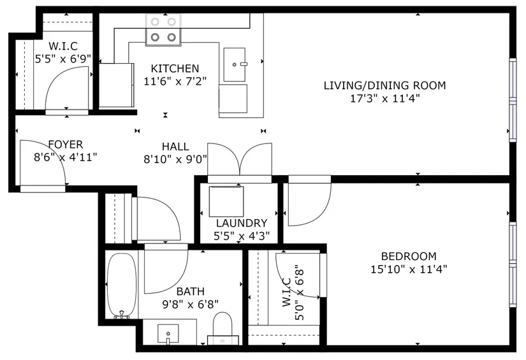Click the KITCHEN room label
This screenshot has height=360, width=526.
[x=175, y=69]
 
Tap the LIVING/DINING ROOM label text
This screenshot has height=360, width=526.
[x=384, y=85]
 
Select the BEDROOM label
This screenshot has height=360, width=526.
[x=409, y=256]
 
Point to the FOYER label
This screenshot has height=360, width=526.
[x=66, y=145]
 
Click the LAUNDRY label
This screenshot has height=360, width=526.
[x=242, y=223]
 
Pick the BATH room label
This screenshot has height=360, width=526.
[x=191, y=292]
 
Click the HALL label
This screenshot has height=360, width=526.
[x=175, y=147]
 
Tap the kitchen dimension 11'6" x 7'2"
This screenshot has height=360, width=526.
[x=175, y=81]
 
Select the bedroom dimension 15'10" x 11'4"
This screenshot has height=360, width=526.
[x=409, y=269]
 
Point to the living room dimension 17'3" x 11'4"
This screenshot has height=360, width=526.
[x=385, y=99]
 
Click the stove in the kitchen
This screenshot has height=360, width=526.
[x=163, y=30]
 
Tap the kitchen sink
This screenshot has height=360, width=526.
[x=235, y=64]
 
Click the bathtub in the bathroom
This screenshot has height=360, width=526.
[x=122, y=285]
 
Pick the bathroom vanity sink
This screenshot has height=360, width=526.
[x=168, y=334]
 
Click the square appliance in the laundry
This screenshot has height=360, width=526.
[x=226, y=201]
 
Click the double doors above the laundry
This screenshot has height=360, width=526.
[x=240, y=160]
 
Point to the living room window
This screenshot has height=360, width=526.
[x=513, y=100]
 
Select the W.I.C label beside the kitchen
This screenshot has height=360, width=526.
[x=63, y=46]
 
